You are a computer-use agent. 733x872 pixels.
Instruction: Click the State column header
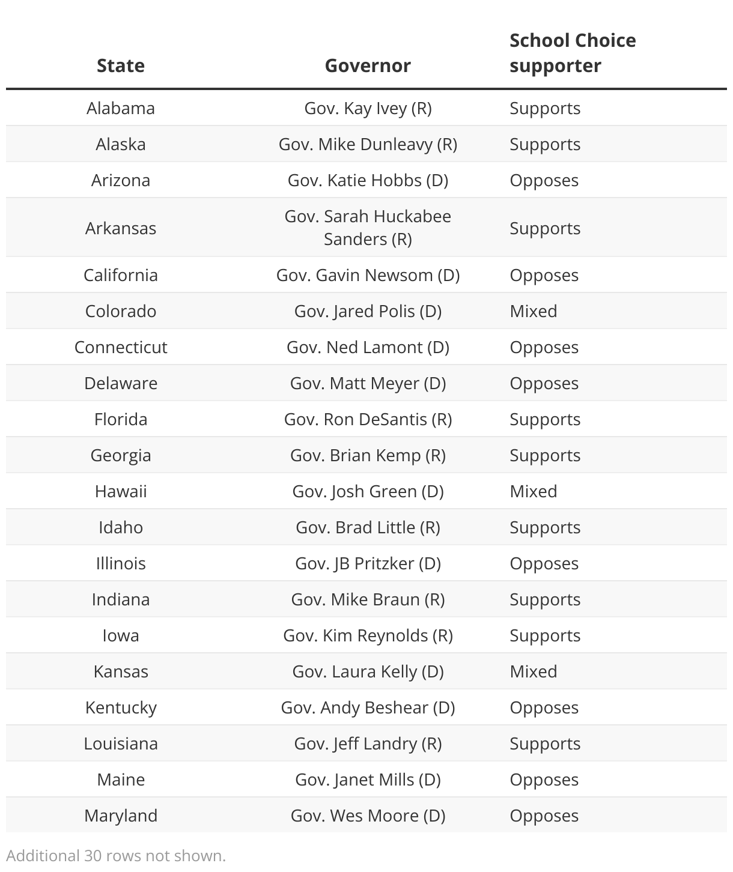[x=121, y=65]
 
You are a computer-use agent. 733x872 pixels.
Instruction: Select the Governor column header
[x=368, y=65]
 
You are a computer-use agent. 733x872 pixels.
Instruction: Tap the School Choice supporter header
[x=572, y=53]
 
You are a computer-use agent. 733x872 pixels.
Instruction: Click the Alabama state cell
[x=121, y=108]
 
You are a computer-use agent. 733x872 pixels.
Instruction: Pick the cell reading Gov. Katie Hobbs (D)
[x=368, y=180]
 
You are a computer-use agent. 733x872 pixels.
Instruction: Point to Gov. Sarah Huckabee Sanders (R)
[x=368, y=228]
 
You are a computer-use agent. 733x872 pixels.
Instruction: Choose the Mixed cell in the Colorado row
[x=534, y=311]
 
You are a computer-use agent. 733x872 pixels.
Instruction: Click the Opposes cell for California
[x=544, y=275]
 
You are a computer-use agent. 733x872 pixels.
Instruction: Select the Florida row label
[x=121, y=419]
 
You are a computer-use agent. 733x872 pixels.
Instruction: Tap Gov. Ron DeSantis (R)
[x=368, y=419]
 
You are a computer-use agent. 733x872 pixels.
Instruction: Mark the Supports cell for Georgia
[x=545, y=455]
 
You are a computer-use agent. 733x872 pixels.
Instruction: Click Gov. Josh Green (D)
[x=368, y=491]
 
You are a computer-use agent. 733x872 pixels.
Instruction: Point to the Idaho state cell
[x=121, y=527]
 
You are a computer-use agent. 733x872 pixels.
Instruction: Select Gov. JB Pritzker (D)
[x=368, y=563]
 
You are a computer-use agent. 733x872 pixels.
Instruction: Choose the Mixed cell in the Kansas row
[x=534, y=671]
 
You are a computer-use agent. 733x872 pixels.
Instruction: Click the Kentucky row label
[x=121, y=707]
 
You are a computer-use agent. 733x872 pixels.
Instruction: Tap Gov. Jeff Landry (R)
[x=368, y=743]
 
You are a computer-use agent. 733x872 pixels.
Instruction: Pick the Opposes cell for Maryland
[x=544, y=816]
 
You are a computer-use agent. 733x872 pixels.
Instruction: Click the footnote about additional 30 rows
[x=116, y=855]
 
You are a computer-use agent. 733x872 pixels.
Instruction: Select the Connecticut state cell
[x=121, y=347]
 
